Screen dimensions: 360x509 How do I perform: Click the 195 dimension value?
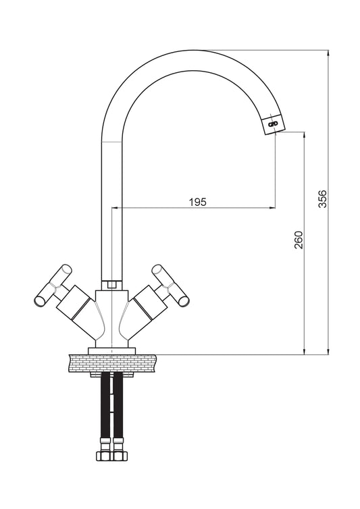pos(197,202)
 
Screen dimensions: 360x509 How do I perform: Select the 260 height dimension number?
pos(299,240)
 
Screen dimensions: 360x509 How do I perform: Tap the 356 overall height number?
pos(323,198)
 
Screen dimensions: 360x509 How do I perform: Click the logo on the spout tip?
pos(272,124)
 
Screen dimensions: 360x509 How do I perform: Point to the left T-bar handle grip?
pos(53,285)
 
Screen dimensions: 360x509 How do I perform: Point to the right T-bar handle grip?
pos(170,285)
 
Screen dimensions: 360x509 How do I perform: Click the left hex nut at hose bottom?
pos(104,456)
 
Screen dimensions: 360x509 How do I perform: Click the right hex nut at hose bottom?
pos(120,456)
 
